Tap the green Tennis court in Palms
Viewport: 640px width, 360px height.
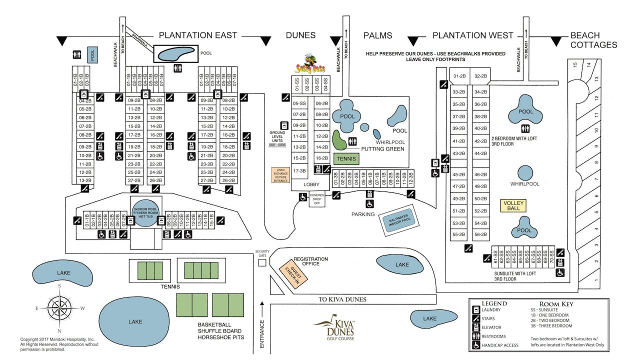point(346,159)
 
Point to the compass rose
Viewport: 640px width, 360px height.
point(59,307)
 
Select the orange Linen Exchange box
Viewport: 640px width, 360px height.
point(280,174)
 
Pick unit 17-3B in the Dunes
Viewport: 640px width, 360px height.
point(299,170)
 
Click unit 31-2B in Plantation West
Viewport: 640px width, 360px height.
point(459,76)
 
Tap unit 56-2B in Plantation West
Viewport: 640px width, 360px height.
point(480,234)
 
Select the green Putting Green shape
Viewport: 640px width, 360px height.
point(339,140)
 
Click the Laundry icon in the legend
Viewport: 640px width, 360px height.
point(476,310)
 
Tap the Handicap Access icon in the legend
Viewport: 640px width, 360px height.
point(476,345)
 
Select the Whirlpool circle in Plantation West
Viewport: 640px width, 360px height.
point(524,173)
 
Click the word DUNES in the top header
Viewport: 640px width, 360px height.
point(300,35)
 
